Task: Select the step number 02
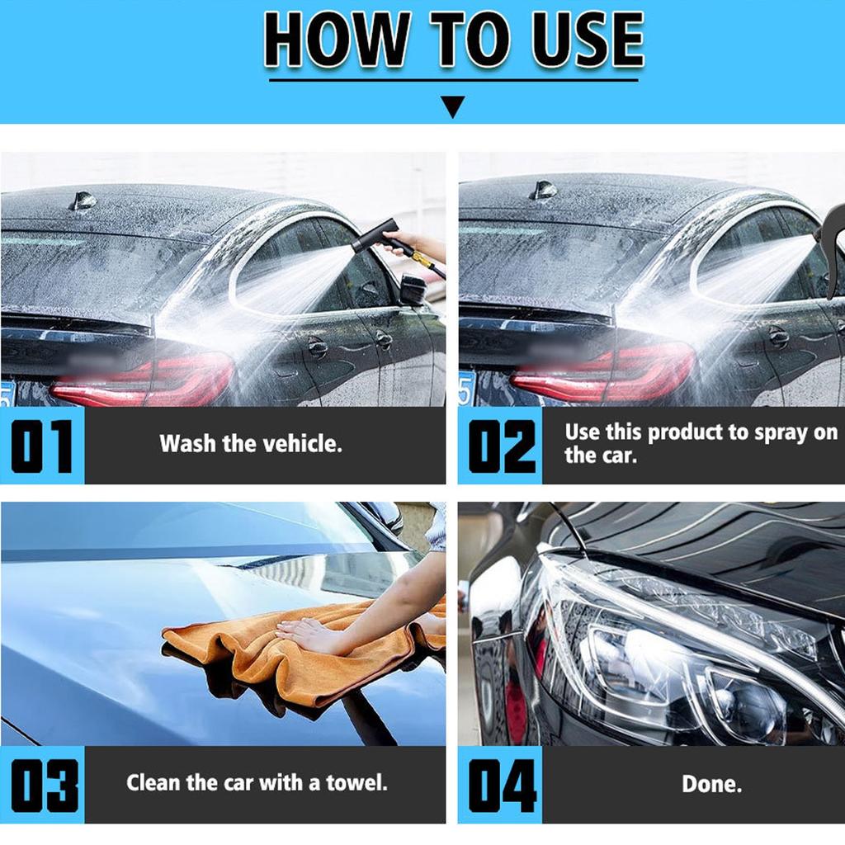point(501,446)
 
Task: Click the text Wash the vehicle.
point(251,444)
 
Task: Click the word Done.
point(711,784)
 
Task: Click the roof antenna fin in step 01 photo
point(83,201)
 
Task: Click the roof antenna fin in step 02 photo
point(543,191)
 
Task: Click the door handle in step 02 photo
point(778,336)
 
